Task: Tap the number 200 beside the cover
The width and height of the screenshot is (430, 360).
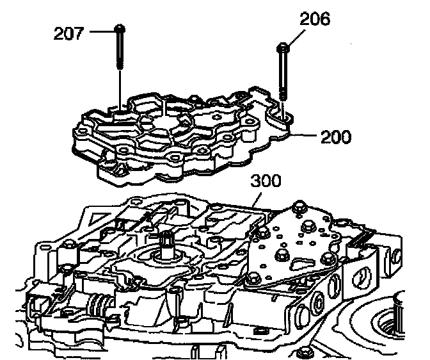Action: click(335, 136)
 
